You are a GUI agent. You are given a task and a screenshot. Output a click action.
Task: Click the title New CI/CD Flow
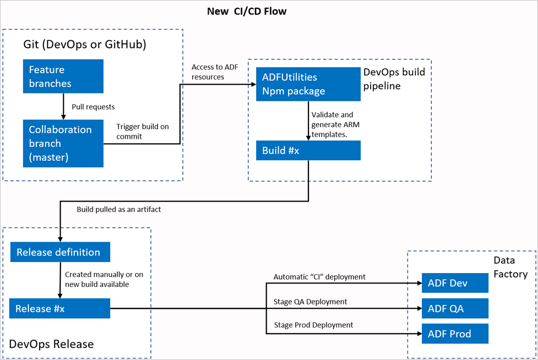tap(246, 11)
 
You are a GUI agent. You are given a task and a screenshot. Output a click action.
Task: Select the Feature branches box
tap(63, 77)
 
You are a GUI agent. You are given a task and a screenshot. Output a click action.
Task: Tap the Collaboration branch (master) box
tap(63, 143)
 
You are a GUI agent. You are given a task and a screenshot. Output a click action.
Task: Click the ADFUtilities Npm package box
tap(308, 84)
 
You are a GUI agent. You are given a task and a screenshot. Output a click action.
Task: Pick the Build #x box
tap(308, 151)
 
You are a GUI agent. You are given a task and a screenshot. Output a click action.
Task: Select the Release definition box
tap(60, 252)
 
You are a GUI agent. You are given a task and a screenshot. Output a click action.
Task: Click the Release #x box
tap(59, 308)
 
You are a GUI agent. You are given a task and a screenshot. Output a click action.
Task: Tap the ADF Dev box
tap(455, 283)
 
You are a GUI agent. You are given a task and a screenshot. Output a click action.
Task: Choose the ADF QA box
tap(455, 308)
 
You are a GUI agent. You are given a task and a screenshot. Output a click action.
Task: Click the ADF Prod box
tap(455, 334)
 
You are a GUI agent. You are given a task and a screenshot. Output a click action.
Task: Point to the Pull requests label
tap(93, 106)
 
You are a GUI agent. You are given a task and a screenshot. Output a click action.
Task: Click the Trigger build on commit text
tap(142, 131)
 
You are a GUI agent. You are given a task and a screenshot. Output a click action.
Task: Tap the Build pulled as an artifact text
tap(118, 209)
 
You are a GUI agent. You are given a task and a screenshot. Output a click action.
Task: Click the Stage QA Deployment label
tap(310, 302)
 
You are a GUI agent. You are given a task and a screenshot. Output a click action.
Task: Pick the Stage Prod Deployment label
tap(313, 325)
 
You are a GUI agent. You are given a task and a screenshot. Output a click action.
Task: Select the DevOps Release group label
tap(51, 344)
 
